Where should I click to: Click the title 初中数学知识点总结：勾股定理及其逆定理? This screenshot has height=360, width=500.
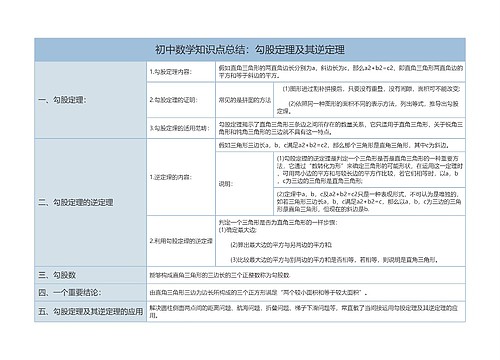pyautogui.click(x=250, y=49)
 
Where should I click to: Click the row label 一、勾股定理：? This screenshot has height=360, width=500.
pyautogui.click(x=62, y=100)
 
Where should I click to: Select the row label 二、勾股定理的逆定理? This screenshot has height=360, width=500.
pyautogui.click(x=75, y=202)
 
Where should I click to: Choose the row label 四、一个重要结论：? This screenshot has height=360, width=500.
pyautogui.click(x=70, y=292)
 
